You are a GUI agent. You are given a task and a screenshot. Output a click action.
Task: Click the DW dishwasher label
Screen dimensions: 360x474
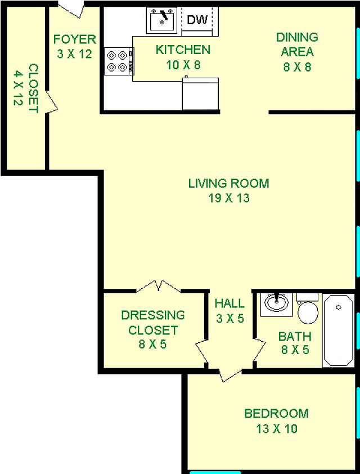click(197, 20)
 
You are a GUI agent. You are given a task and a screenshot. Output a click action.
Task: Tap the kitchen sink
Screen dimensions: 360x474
click(161, 20)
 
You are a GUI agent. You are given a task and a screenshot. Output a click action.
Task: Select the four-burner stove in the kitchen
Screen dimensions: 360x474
click(119, 61)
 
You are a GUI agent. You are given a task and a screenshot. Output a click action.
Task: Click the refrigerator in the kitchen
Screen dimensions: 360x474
click(200, 93)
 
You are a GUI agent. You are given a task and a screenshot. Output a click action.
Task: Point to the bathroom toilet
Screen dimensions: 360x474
click(308, 308)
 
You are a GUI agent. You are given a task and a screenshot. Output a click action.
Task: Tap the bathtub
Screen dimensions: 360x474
click(338, 330)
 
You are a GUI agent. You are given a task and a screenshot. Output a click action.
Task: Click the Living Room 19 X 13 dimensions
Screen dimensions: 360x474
click(228, 198)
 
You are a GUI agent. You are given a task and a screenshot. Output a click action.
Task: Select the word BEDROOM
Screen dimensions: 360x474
click(276, 413)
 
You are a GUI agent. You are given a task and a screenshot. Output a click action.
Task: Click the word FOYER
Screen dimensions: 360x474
click(75, 39)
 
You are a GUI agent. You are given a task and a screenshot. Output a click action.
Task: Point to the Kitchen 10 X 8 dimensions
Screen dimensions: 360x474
click(183, 65)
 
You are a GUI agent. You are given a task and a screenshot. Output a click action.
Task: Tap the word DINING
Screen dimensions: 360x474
click(297, 37)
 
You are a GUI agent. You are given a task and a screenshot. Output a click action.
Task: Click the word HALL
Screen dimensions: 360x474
click(229, 303)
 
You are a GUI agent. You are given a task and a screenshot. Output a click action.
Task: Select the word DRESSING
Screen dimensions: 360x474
click(153, 315)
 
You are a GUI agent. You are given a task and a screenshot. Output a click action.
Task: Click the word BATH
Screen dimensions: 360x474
click(295, 337)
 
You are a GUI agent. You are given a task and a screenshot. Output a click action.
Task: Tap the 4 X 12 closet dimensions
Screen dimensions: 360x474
click(18, 88)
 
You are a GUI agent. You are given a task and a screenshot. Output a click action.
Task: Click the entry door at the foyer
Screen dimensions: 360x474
click(71, 9)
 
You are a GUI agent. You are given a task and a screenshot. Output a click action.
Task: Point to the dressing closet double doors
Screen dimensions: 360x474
click(159, 286)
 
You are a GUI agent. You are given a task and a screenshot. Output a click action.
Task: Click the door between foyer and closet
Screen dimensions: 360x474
click(51, 101)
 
